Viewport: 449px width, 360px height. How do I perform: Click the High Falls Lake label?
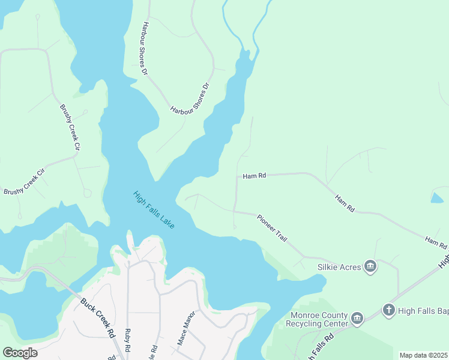(154, 209)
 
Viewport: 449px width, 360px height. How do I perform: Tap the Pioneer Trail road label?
(273, 227)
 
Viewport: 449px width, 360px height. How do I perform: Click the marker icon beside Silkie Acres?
(370, 266)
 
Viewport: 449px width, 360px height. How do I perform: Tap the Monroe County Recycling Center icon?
(357, 317)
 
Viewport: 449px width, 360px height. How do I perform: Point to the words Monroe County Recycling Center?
(319, 319)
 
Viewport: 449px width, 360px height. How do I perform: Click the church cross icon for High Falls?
(389, 310)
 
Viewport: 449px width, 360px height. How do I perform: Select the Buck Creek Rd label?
(98, 317)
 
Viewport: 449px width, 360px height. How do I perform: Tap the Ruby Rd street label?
(127, 340)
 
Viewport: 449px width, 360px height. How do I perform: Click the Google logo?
(20, 353)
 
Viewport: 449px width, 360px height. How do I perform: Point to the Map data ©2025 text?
(423, 355)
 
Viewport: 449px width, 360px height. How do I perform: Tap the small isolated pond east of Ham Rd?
(438, 197)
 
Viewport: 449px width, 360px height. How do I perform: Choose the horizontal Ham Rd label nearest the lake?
(254, 176)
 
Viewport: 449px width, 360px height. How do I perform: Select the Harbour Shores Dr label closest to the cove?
(191, 98)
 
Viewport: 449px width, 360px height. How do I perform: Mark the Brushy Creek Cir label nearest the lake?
(69, 127)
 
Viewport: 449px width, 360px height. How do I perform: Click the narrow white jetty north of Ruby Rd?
(130, 241)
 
